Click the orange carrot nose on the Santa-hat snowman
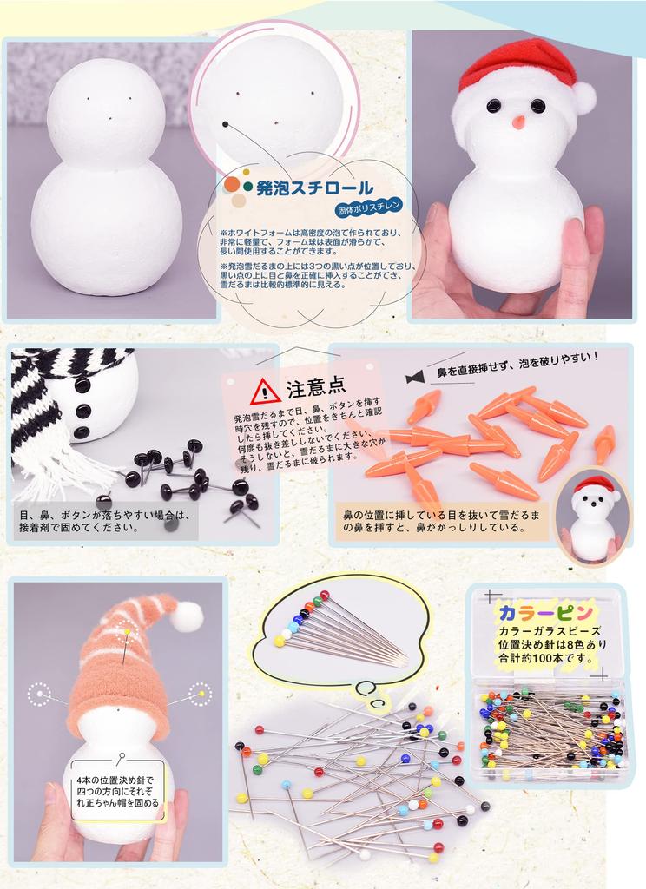tap(517, 122)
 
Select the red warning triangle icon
tap(265, 392)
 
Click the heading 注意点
tap(316, 388)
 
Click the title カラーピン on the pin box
tap(545, 610)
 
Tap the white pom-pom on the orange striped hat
tap(186, 616)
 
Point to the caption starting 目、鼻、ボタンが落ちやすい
tap(104, 521)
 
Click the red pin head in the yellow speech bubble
tap(324, 596)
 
